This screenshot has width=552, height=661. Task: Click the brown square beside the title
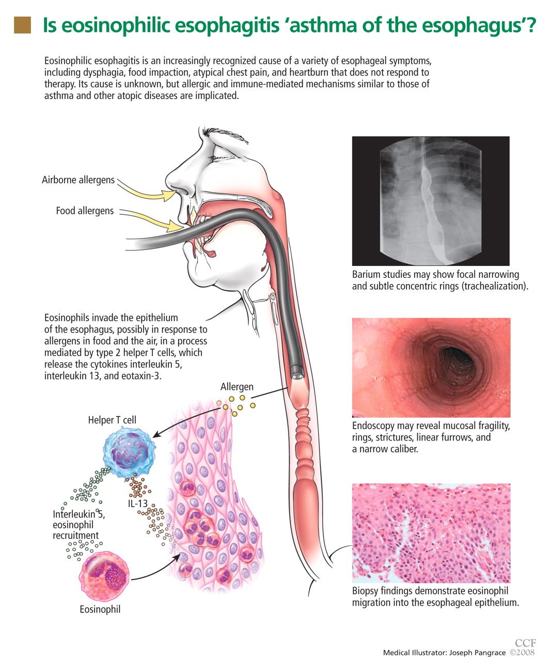pyautogui.click(x=23, y=25)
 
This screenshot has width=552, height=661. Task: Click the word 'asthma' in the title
pyautogui.click(x=323, y=25)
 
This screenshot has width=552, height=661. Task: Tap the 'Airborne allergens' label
pyautogui.click(x=78, y=180)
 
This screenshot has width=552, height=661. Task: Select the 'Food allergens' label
pyautogui.click(x=85, y=211)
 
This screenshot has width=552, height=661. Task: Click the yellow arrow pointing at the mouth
pyautogui.click(x=152, y=220)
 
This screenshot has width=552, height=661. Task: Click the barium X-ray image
pyautogui.click(x=431, y=201)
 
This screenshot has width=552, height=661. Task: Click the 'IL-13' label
pyautogui.click(x=138, y=503)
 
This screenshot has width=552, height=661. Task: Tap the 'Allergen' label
pyautogui.click(x=236, y=387)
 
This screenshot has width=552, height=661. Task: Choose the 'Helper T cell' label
pyautogui.click(x=112, y=420)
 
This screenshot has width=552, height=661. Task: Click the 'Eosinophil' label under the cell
pyautogui.click(x=100, y=609)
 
